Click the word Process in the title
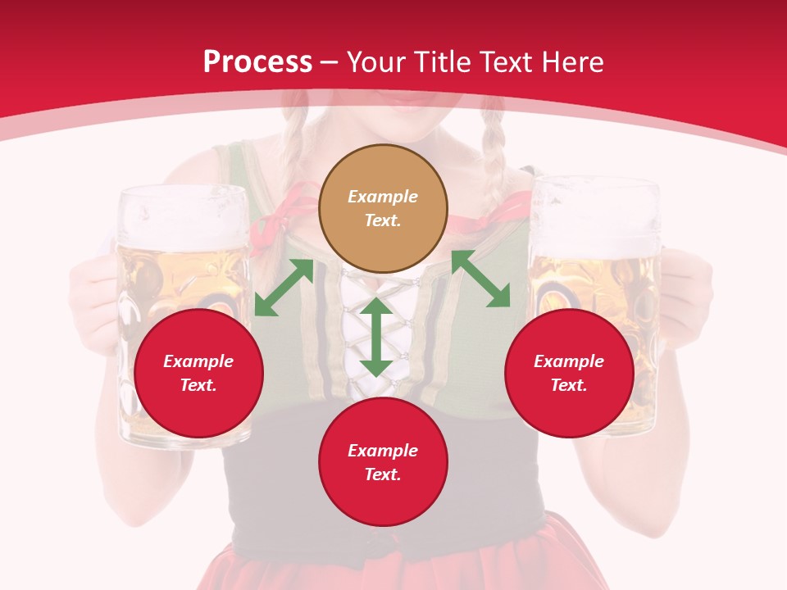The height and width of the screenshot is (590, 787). tap(257, 62)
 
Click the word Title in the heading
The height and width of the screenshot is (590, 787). tap(440, 62)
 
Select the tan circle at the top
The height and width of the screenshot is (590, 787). tap(383, 208)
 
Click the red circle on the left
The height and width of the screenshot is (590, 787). tap(198, 373)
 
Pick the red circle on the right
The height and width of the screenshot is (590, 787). tap(569, 373)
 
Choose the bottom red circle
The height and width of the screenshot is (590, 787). tap(383, 462)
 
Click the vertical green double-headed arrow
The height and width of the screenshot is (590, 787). tap(376, 337)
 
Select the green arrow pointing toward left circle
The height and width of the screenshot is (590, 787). tap(284, 287)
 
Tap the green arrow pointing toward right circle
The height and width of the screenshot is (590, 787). tap(481, 279)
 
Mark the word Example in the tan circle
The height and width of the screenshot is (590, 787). tap(383, 197)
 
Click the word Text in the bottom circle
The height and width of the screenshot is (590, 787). tap(383, 474)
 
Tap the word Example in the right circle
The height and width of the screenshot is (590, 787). tap(569, 361)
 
